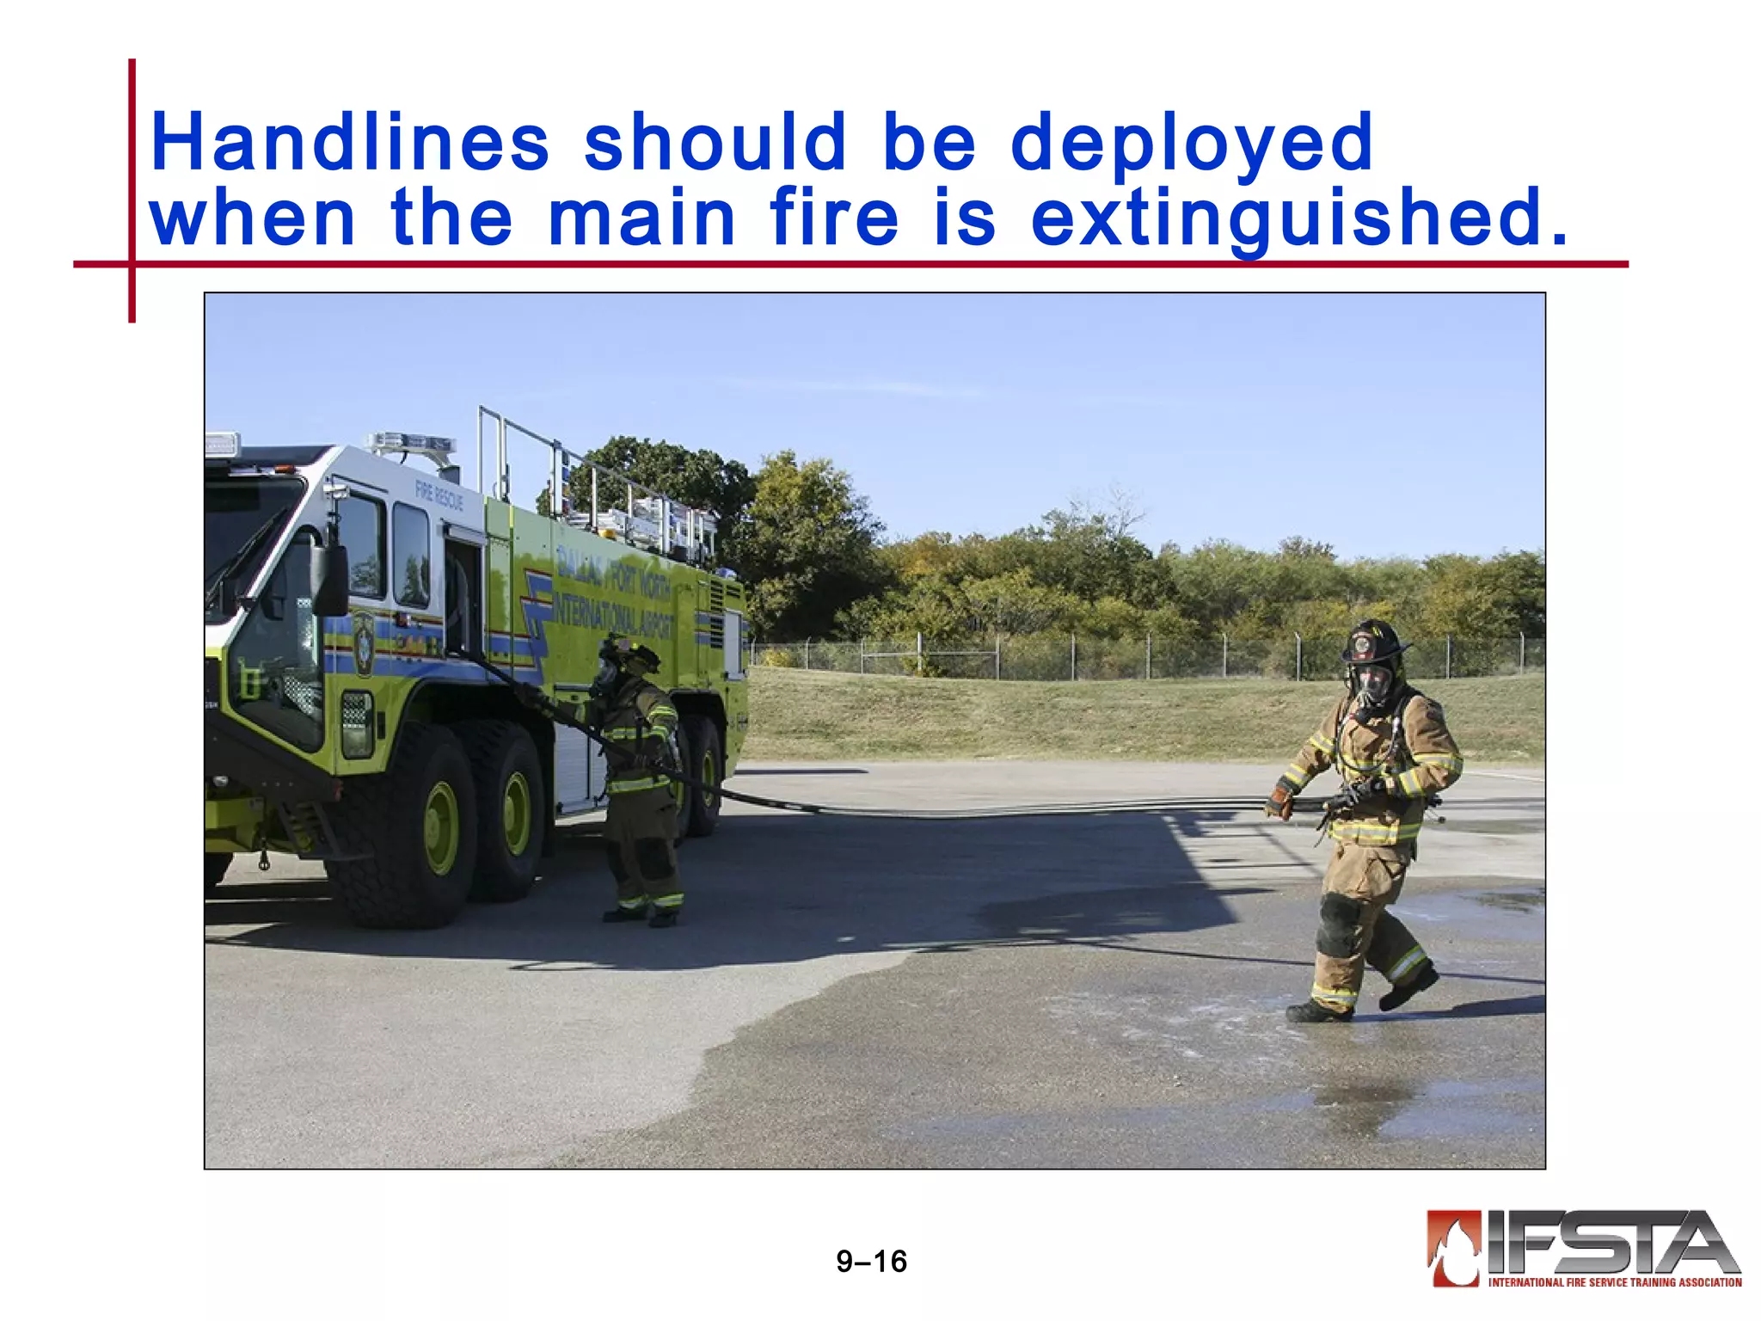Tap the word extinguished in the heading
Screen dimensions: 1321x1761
pyautogui.click(x=1298, y=218)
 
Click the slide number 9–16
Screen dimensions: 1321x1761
pyautogui.click(x=871, y=1261)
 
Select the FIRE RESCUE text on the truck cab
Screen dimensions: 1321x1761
pyautogui.click(x=439, y=495)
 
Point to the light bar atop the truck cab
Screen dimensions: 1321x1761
pyautogui.click(x=411, y=443)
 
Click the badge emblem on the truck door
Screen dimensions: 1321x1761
pyautogui.click(x=364, y=642)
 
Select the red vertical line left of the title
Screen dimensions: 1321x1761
pyautogui.click(x=132, y=190)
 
